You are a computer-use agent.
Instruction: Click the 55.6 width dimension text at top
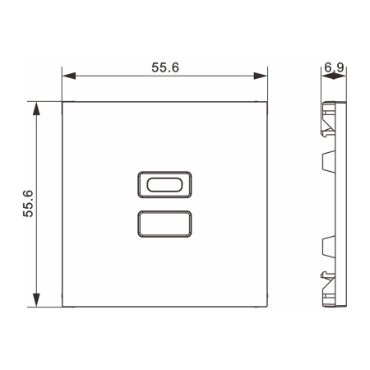point(165,67)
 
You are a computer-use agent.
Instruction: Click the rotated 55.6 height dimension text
point(28,203)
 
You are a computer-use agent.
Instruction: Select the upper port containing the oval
point(164,183)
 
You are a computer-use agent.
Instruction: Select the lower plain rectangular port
point(164,222)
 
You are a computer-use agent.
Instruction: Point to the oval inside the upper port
point(164,183)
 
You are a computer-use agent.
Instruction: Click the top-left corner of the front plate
point(63,103)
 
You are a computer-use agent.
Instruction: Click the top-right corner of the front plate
point(268,103)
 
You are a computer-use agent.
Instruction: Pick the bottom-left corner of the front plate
point(63,307)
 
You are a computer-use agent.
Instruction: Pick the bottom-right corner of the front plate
point(268,307)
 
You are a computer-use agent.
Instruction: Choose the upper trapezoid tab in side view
point(327,161)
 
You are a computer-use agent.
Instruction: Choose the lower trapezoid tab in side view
point(327,244)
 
